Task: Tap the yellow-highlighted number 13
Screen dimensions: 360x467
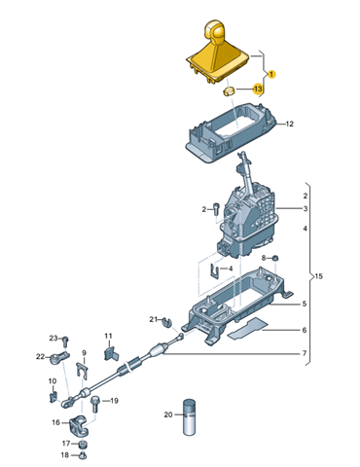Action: pos(258,89)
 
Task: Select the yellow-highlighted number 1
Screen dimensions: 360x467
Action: pos(271,74)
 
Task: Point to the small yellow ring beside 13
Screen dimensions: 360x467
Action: pos(228,91)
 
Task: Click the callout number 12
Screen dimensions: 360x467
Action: pos(289,124)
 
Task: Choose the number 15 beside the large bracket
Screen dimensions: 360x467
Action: pos(319,276)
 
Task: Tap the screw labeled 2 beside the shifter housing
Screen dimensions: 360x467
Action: pos(217,208)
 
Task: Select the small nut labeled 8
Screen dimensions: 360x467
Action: pos(275,259)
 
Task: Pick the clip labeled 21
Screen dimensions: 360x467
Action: pos(166,322)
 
